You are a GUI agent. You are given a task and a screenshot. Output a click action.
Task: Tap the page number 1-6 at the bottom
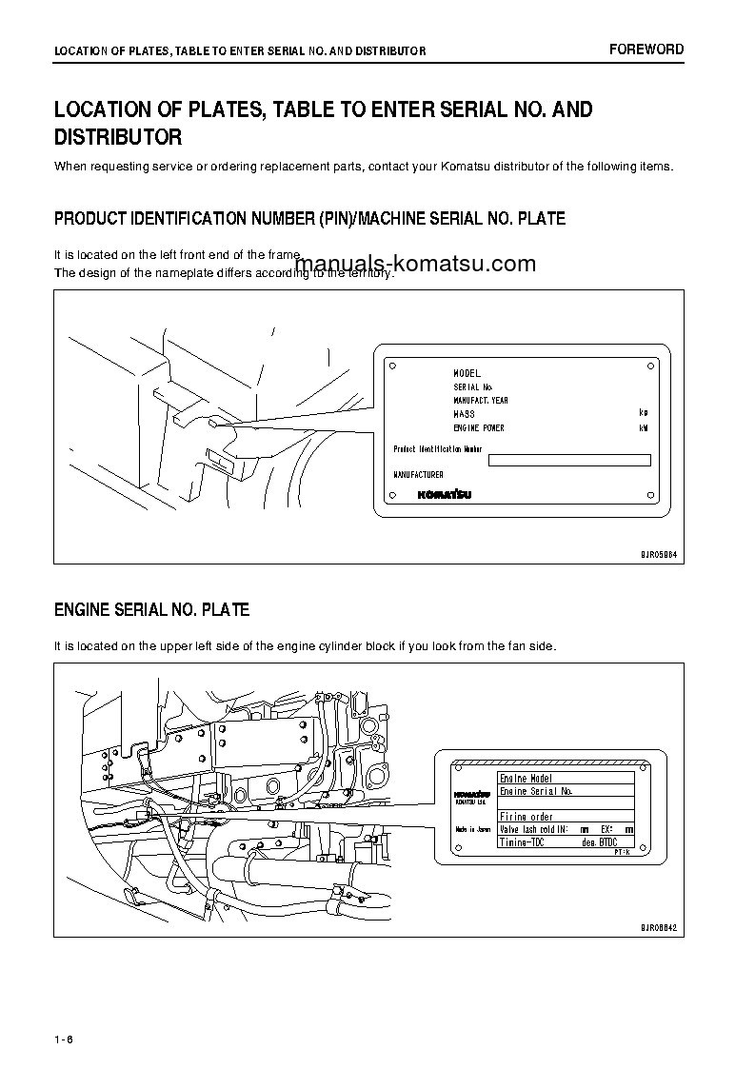(x=64, y=1039)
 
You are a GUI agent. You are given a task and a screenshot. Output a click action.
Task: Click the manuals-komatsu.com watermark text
(x=416, y=265)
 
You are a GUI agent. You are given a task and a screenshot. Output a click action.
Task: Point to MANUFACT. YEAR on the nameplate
(x=480, y=401)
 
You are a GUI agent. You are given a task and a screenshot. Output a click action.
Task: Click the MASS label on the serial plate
(x=464, y=414)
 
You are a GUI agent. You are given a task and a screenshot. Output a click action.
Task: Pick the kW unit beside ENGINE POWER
(x=644, y=428)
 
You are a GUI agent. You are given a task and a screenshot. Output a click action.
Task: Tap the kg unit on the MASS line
(x=644, y=414)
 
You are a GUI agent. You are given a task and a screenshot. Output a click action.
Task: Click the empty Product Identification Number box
(x=568, y=461)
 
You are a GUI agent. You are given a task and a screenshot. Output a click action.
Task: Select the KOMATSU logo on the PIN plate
(x=443, y=495)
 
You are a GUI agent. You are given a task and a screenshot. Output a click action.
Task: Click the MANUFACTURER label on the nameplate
(x=419, y=474)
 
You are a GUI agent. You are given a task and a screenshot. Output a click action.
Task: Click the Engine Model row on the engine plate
(x=527, y=778)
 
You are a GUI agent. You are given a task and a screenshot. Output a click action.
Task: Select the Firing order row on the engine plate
(x=527, y=817)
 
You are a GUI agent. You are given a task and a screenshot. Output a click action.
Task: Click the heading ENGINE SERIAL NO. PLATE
(x=151, y=609)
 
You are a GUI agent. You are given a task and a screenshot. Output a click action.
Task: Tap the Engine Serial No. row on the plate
(x=536, y=791)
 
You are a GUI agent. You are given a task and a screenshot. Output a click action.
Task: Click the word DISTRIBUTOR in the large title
(x=118, y=138)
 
